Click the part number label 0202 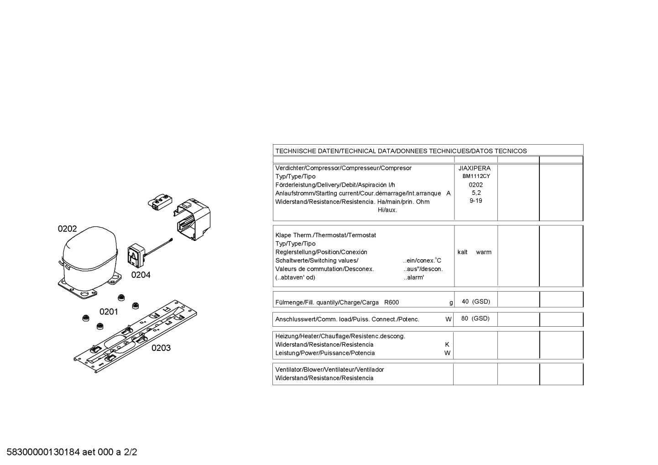click(67, 229)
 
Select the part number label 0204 click(141, 275)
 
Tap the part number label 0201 click(109, 312)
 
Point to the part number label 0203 click(161, 348)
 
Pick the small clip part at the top click(159, 201)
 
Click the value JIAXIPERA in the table click(475, 168)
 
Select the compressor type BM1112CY click(476, 176)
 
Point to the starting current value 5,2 click(476, 193)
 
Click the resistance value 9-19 click(475, 201)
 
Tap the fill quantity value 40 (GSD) click(475, 302)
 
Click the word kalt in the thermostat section click(462, 252)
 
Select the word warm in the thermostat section click(484, 252)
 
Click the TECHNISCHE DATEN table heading click(401, 151)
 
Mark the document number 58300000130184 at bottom click(43, 452)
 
